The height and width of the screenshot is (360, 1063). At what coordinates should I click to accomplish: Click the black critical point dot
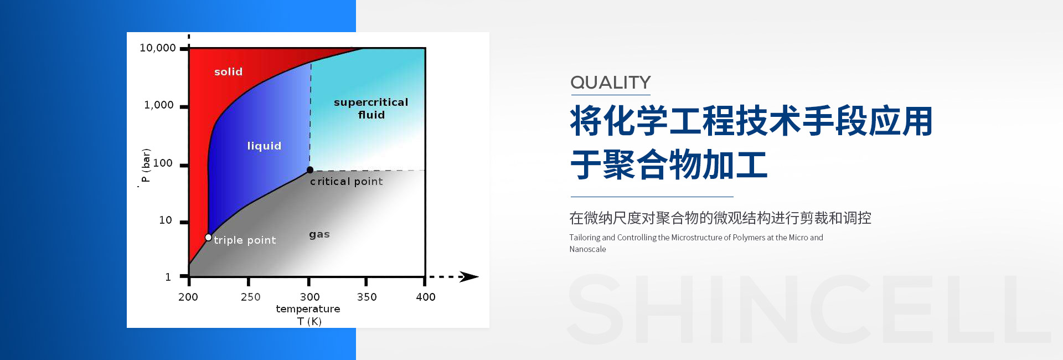[x=310, y=170]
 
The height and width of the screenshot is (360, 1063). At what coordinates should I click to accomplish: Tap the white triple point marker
[x=208, y=238]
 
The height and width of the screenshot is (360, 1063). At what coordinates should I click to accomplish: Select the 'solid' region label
[x=229, y=71]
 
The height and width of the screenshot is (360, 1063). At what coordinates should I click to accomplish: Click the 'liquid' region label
[x=264, y=146]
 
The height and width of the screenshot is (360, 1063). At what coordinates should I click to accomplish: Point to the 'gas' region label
[x=319, y=234]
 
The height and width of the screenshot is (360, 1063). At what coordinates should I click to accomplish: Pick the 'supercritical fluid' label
[x=371, y=109]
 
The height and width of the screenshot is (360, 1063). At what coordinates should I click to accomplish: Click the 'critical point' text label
[x=347, y=181]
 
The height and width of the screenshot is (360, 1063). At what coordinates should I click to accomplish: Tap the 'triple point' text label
[x=245, y=240]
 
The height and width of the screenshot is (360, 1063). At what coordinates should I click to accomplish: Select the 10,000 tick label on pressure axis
[x=158, y=48]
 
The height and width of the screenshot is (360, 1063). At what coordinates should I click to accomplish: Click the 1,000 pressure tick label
[x=159, y=105]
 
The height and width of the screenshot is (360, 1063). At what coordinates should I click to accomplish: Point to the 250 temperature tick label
[x=251, y=297]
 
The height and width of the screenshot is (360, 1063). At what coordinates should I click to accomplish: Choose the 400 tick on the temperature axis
[x=426, y=297]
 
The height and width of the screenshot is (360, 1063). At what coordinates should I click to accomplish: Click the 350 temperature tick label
[x=367, y=297]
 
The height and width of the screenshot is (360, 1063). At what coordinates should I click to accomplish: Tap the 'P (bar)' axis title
[x=146, y=165]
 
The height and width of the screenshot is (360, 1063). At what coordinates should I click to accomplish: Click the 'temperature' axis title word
[x=308, y=309]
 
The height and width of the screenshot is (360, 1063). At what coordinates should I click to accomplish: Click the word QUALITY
[x=611, y=83]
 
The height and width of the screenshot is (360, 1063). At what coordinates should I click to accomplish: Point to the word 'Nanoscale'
[x=587, y=249]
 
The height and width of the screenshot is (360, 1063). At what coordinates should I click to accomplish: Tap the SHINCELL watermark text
[x=808, y=309]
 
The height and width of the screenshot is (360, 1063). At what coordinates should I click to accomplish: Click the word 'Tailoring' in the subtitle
[x=585, y=238]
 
